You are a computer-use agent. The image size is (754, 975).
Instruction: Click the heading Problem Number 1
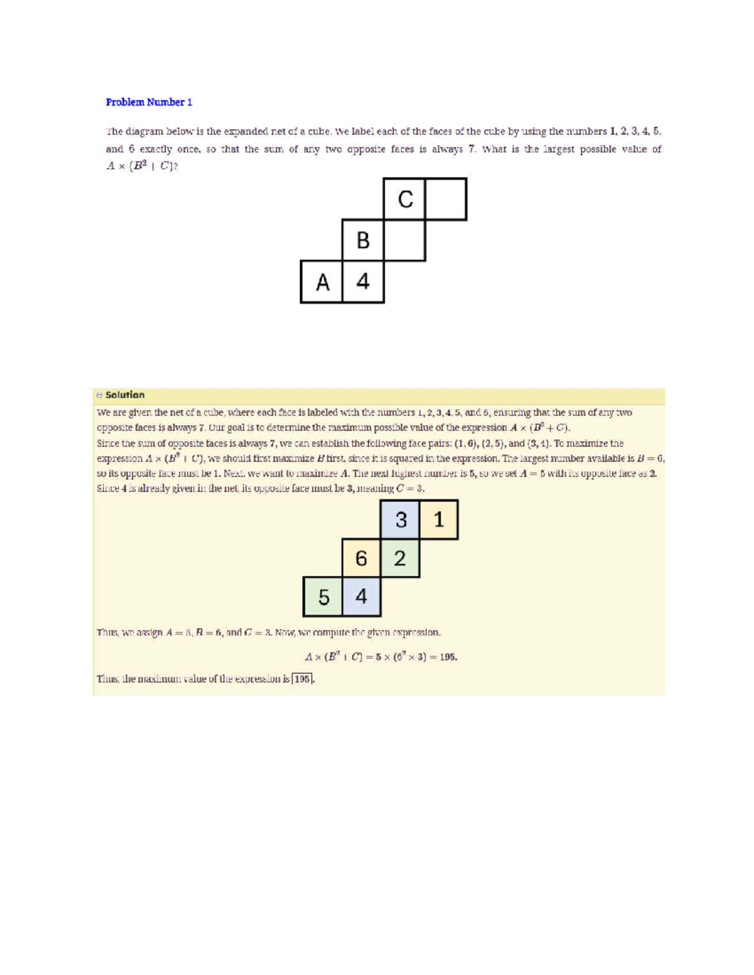[x=149, y=102]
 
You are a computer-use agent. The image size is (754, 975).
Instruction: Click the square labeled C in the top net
[x=405, y=199]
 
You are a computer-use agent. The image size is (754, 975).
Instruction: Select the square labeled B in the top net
[x=363, y=240]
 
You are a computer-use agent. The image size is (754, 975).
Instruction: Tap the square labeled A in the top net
[x=322, y=282]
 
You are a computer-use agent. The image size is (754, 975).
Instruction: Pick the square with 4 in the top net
[x=363, y=282]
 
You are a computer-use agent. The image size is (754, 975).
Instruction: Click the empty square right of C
[x=446, y=199]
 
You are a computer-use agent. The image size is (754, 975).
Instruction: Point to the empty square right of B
[x=405, y=240]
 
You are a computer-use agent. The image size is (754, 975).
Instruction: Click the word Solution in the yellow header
[x=125, y=395]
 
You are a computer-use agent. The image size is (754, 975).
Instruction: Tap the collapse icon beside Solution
[x=99, y=395]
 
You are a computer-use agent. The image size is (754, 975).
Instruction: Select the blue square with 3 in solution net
[x=400, y=520]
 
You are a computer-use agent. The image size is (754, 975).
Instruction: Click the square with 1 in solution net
[x=439, y=520]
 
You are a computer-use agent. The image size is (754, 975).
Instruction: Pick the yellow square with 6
[x=361, y=558]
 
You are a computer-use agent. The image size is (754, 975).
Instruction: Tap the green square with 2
[x=400, y=558]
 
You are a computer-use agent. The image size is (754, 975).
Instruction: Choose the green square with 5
[x=323, y=596]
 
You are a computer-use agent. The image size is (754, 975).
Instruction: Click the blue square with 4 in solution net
[x=361, y=596]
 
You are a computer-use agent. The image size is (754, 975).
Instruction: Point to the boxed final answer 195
[x=303, y=679]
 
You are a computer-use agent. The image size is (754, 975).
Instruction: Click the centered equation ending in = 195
[x=381, y=657]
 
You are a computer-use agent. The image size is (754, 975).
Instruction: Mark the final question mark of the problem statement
[x=176, y=166]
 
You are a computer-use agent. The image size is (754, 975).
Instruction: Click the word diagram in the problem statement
[x=144, y=132]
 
